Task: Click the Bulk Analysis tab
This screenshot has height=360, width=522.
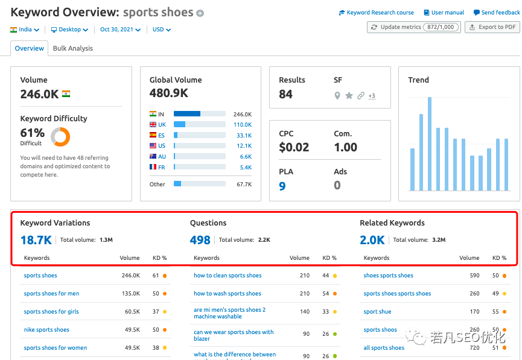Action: [72, 48]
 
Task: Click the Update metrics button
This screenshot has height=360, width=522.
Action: [413, 27]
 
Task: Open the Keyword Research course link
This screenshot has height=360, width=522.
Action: [377, 13]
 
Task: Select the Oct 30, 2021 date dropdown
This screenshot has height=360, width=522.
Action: [120, 30]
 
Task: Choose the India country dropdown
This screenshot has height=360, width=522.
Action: [25, 30]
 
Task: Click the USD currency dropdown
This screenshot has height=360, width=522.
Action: [161, 30]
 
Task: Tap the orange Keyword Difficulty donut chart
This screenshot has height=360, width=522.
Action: [60, 137]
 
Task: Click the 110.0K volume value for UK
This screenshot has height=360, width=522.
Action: [243, 125]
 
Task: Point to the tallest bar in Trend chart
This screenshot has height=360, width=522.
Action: [430, 144]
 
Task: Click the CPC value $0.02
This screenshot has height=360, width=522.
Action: [294, 147]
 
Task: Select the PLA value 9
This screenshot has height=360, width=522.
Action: [282, 186]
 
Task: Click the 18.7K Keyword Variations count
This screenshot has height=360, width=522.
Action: [36, 240]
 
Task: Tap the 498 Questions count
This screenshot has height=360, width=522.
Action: [200, 240]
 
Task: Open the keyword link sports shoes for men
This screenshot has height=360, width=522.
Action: [51, 294]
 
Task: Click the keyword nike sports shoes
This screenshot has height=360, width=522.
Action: [46, 330]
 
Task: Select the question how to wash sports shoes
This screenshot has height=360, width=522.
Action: [227, 294]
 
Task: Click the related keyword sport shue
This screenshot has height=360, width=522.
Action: [377, 312]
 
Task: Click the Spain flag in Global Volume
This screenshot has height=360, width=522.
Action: [153, 136]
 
